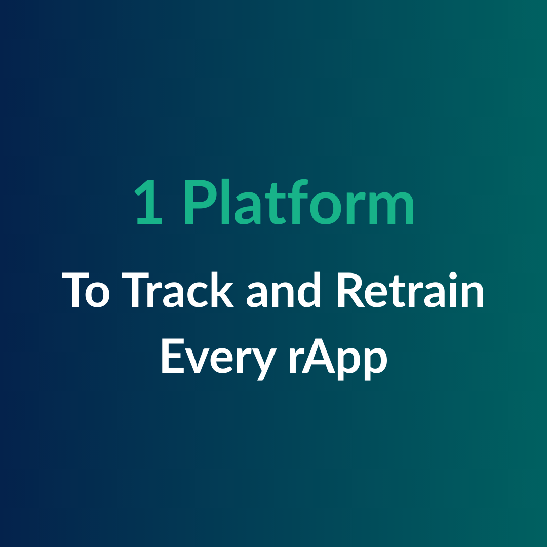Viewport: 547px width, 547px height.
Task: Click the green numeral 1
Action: pos(149,202)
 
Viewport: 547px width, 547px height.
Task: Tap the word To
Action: pos(86,290)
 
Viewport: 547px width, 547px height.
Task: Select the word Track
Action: pos(178,290)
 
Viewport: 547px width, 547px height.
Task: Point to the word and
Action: pos(283,290)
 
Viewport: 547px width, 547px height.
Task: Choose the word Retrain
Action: pos(411,290)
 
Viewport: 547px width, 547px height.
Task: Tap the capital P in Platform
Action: pos(200,202)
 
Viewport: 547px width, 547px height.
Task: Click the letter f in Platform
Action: pos(299,202)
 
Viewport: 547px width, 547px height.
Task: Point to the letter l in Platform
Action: pos(225,202)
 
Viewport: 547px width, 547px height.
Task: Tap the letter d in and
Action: pos(309,290)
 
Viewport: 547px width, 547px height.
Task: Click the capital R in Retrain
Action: pos(351,290)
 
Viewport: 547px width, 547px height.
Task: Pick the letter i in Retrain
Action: pos(453,290)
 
